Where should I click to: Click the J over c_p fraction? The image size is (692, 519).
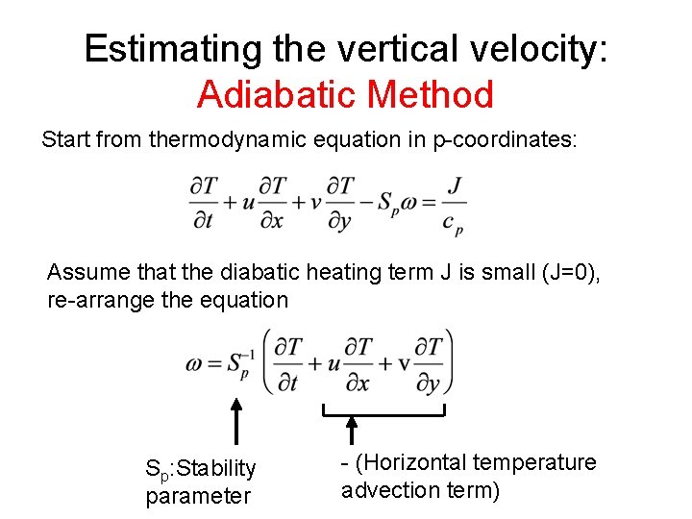click(x=456, y=204)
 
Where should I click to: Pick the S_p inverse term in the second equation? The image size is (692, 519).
click(x=237, y=364)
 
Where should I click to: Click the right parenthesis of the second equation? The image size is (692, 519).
click(x=449, y=362)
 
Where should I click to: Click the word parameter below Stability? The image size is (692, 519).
click(x=198, y=496)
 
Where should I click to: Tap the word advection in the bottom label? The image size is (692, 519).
click(x=385, y=490)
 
